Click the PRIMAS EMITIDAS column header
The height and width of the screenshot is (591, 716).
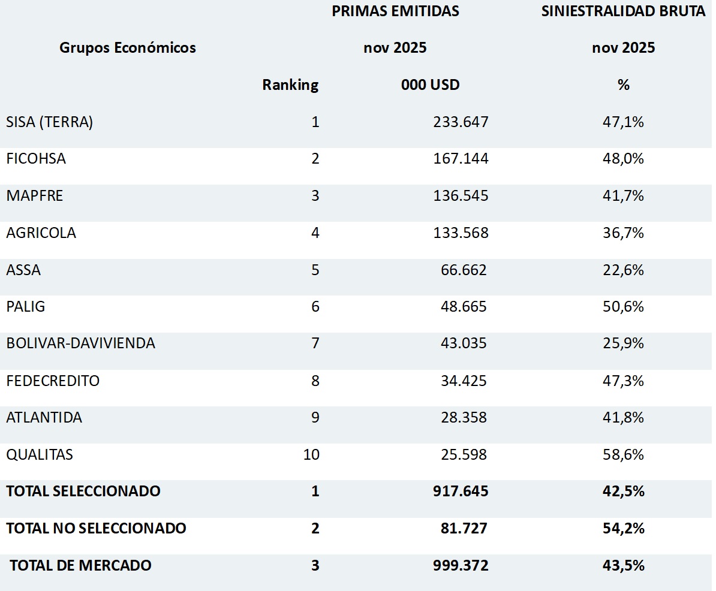(x=395, y=11)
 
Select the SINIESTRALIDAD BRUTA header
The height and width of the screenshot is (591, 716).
(x=623, y=11)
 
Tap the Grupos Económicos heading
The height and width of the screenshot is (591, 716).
(x=128, y=48)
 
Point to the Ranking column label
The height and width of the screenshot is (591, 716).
(x=290, y=85)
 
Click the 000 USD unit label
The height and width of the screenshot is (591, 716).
(x=430, y=85)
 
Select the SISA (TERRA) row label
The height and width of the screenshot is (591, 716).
(x=50, y=122)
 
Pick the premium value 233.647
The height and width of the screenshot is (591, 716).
(x=461, y=122)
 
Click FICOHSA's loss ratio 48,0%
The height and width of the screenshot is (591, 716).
(x=623, y=159)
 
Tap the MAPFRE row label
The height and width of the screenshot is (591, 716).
(x=35, y=196)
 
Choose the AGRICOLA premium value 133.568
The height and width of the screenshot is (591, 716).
(x=461, y=233)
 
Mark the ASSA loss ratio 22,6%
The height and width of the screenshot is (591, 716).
(x=623, y=270)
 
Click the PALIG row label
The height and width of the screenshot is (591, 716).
(x=26, y=307)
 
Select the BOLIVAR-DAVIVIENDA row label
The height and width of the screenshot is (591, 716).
(x=81, y=343)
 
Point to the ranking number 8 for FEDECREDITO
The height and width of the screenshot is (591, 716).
(x=315, y=381)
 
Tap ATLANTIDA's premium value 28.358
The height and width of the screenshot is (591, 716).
(x=463, y=417)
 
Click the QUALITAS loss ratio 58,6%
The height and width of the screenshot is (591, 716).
(x=623, y=454)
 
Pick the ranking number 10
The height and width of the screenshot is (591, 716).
(x=312, y=454)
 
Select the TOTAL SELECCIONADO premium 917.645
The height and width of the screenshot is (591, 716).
(x=461, y=492)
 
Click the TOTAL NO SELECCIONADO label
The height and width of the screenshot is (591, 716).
(x=97, y=528)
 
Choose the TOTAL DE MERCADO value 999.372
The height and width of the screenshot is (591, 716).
(x=461, y=565)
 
